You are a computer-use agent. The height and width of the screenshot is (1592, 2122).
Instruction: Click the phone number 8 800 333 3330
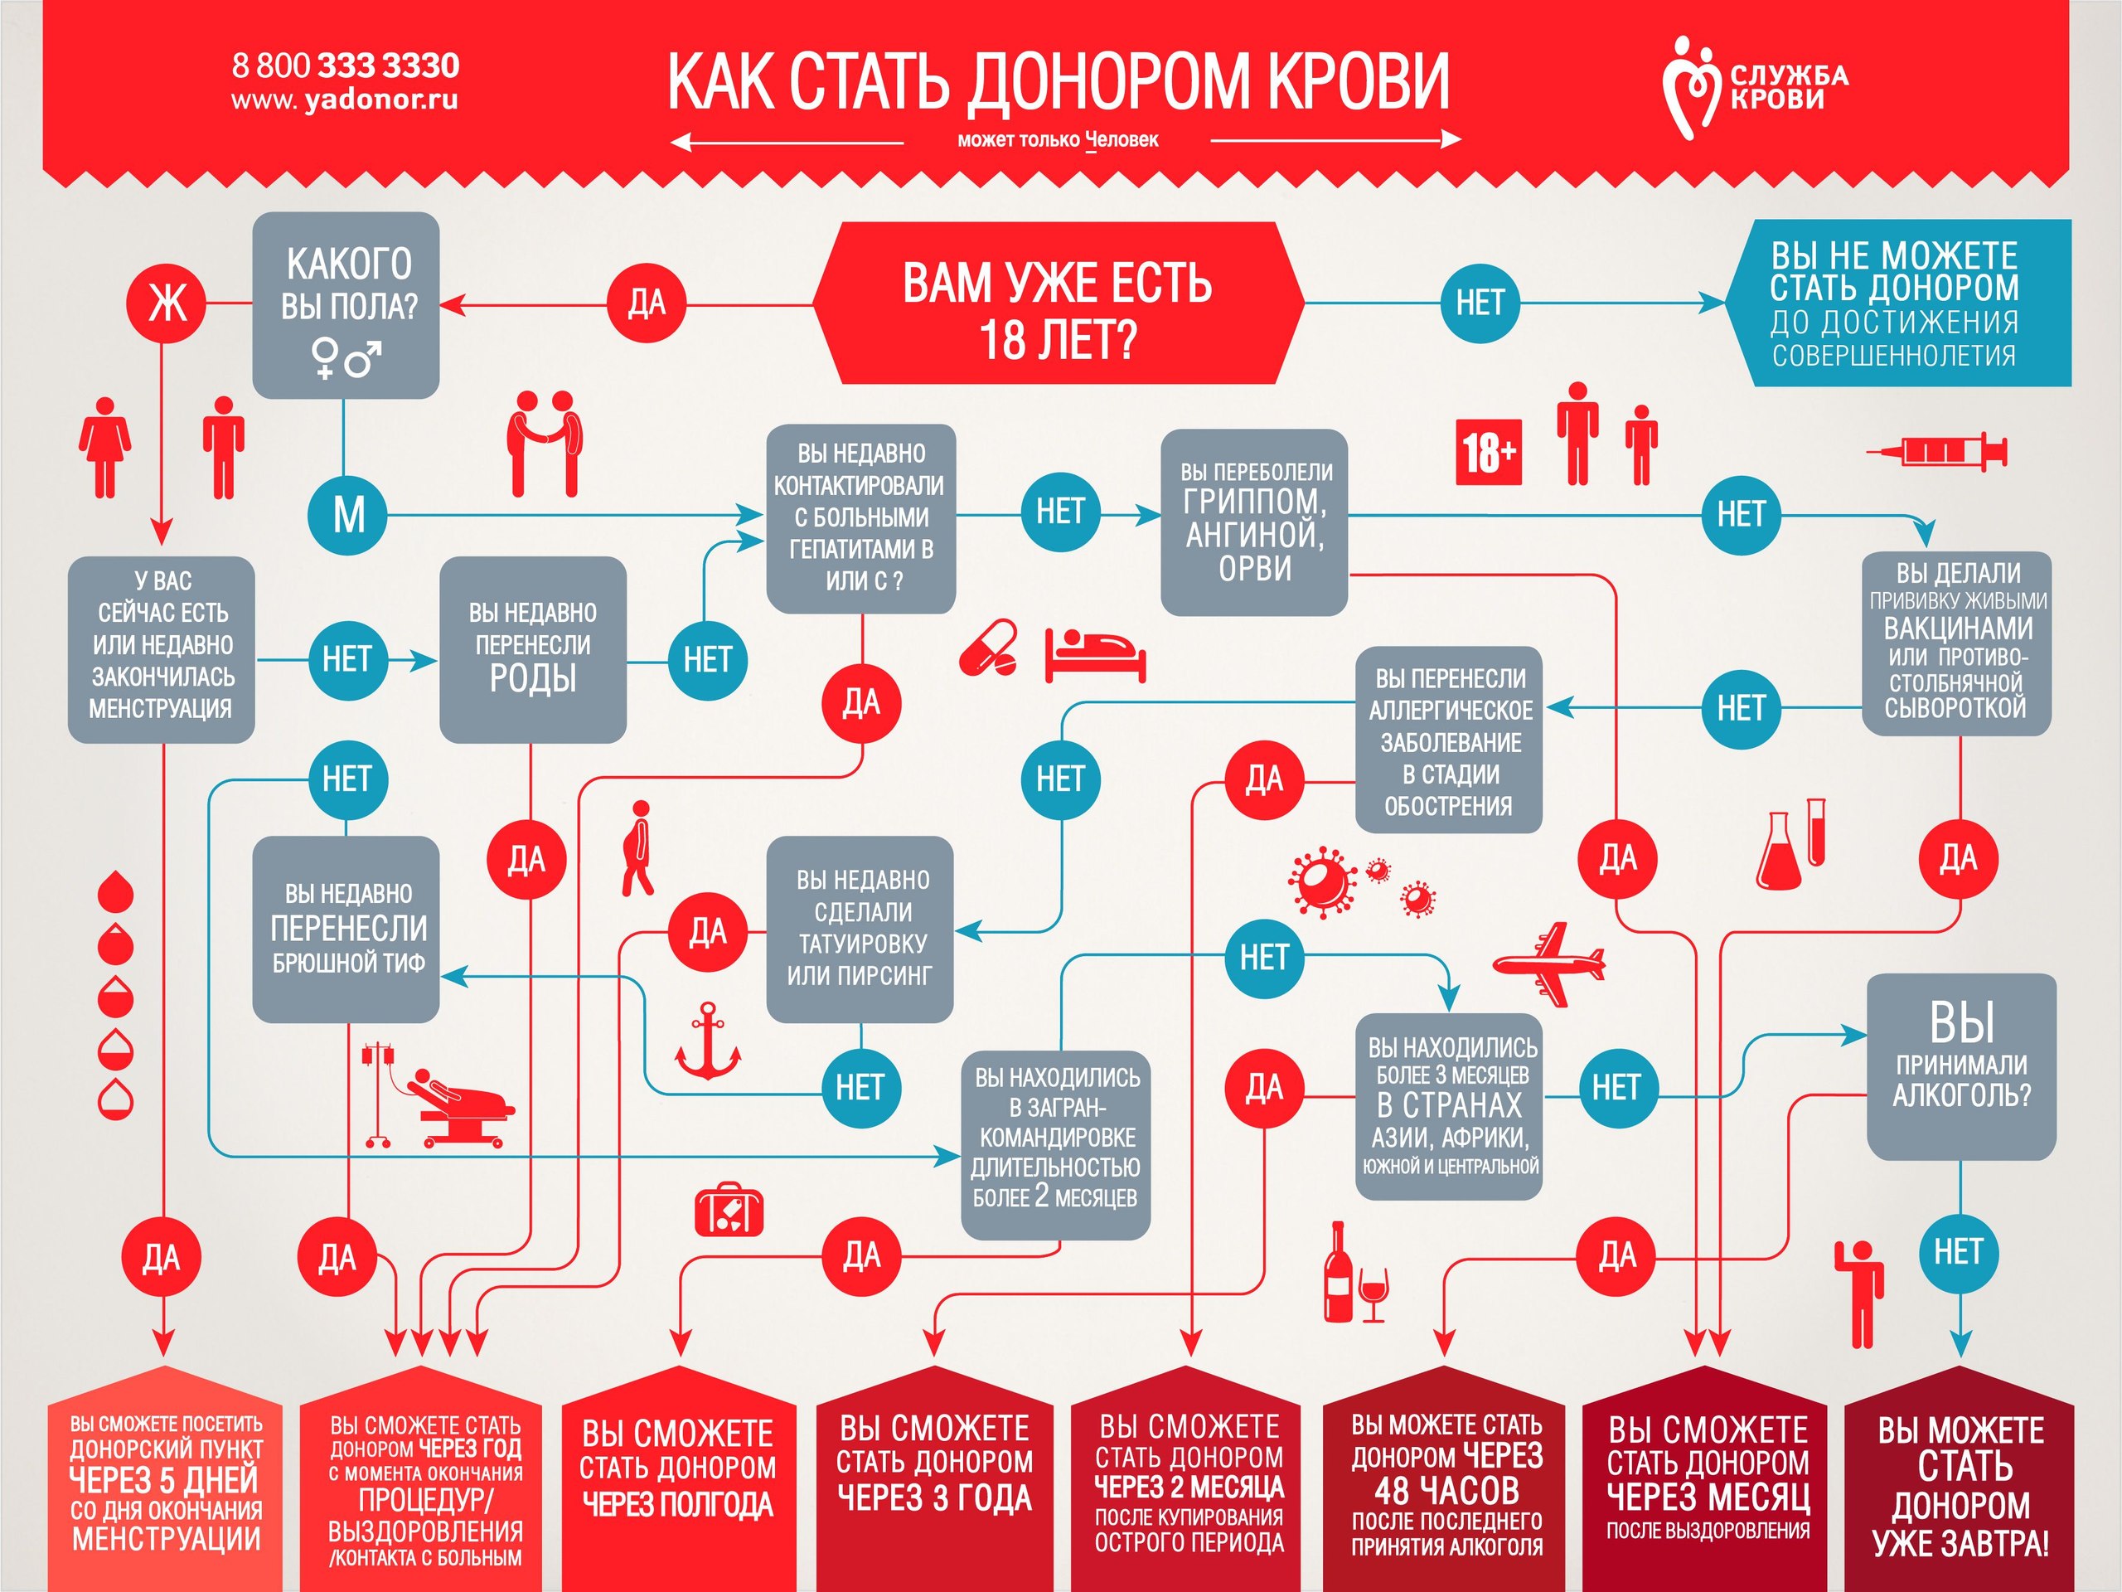click(x=346, y=66)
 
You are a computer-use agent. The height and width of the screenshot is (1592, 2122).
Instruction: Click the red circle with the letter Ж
click(x=167, y=303)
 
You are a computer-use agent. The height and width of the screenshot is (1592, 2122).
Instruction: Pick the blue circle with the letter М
click(x=347, y=515)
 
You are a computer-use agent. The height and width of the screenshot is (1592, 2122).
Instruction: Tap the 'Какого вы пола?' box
click(x=346, y=305)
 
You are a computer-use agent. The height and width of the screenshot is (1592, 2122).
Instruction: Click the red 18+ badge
click(x=1489, y=452)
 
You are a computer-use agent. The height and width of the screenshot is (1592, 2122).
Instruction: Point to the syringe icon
click(x=1935, y=450)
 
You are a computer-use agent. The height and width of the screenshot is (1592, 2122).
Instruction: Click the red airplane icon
click(x=1548, y=963)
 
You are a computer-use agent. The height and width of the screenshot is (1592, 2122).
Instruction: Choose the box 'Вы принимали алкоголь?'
click(x=1962, y=1066)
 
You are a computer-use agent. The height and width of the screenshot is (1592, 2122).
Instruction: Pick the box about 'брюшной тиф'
click(x=346, y=929)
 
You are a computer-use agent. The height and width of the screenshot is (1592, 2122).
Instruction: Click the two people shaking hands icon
click(x=544, y=444)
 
